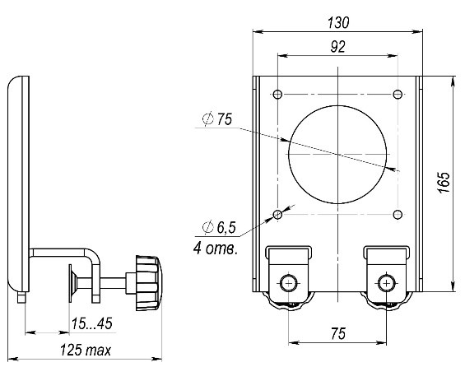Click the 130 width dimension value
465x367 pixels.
pos(338,22)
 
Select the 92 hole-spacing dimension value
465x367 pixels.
pos(337,47)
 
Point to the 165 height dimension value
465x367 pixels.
pos(444,183)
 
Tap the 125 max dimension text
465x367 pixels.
pos(86,350)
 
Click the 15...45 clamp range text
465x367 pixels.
pos(91,323)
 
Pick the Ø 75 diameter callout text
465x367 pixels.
pos(217,119)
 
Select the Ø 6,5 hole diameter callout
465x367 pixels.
pos(219,228)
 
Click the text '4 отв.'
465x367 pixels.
pos(216,249)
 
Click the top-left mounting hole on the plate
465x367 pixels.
pos(277,95)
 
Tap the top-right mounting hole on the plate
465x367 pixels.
pos(398,95)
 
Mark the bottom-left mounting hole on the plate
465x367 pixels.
pos(277,214)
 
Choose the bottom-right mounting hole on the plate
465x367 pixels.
pos(398,214)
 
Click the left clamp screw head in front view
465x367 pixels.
pos(289,284)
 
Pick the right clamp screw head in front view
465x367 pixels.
pos(387,284)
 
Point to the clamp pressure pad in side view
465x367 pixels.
pos(70,283)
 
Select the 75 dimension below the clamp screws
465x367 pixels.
pos(337,334)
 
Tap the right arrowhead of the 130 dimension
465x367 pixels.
pos(417,31)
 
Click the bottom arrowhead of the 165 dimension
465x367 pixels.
pos(453,286)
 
